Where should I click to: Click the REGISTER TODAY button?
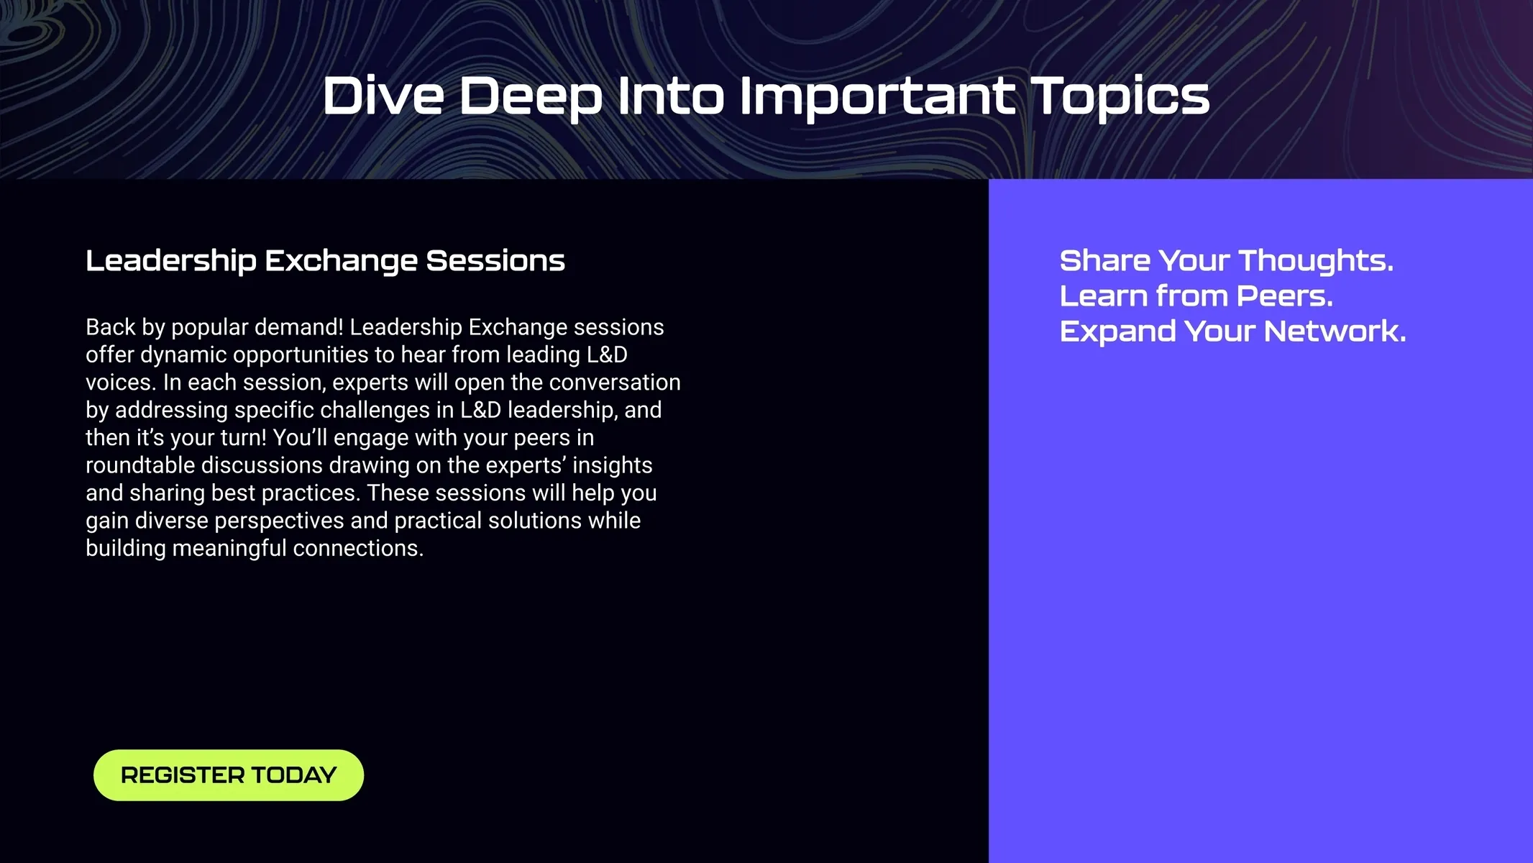229,775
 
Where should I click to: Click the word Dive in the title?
383,96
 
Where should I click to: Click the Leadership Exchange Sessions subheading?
325,261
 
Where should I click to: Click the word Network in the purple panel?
1335,332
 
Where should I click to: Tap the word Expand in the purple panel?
1117,332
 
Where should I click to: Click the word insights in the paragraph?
613,466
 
